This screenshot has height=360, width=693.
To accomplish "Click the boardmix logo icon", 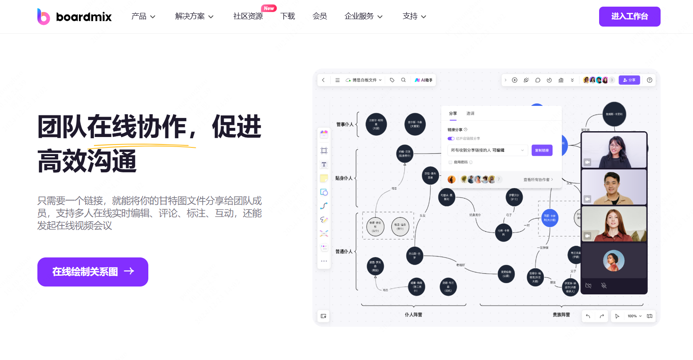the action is [43, 17].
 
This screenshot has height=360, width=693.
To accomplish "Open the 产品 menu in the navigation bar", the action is [143, 17].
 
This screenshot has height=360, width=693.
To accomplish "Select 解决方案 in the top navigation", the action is [194, 17].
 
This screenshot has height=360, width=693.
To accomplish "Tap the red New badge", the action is [269, 8].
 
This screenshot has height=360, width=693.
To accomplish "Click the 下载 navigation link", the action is [288, 17].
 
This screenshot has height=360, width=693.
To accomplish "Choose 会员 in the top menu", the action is [319, 17].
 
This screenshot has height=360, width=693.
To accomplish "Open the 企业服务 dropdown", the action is [363, 17].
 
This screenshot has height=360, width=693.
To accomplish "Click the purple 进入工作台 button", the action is [629, 17].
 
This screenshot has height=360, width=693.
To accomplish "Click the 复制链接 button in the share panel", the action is [542, 150].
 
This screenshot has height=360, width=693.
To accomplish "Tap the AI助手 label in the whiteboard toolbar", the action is [424, 80].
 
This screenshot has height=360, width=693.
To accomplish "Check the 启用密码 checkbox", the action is [450, 162].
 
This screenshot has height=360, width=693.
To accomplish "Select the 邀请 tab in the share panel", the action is [470, 113].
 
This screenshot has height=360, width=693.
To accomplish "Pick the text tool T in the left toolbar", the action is [324, 164].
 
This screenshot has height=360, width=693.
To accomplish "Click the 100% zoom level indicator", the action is [632, 316].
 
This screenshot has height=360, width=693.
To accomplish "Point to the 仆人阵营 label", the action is [413, 315].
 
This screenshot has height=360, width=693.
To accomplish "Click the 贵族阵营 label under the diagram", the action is [561, 315].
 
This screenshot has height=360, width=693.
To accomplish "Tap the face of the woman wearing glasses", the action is [614, 145].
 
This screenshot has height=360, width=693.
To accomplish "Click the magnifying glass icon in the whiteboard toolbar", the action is [403, 80].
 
